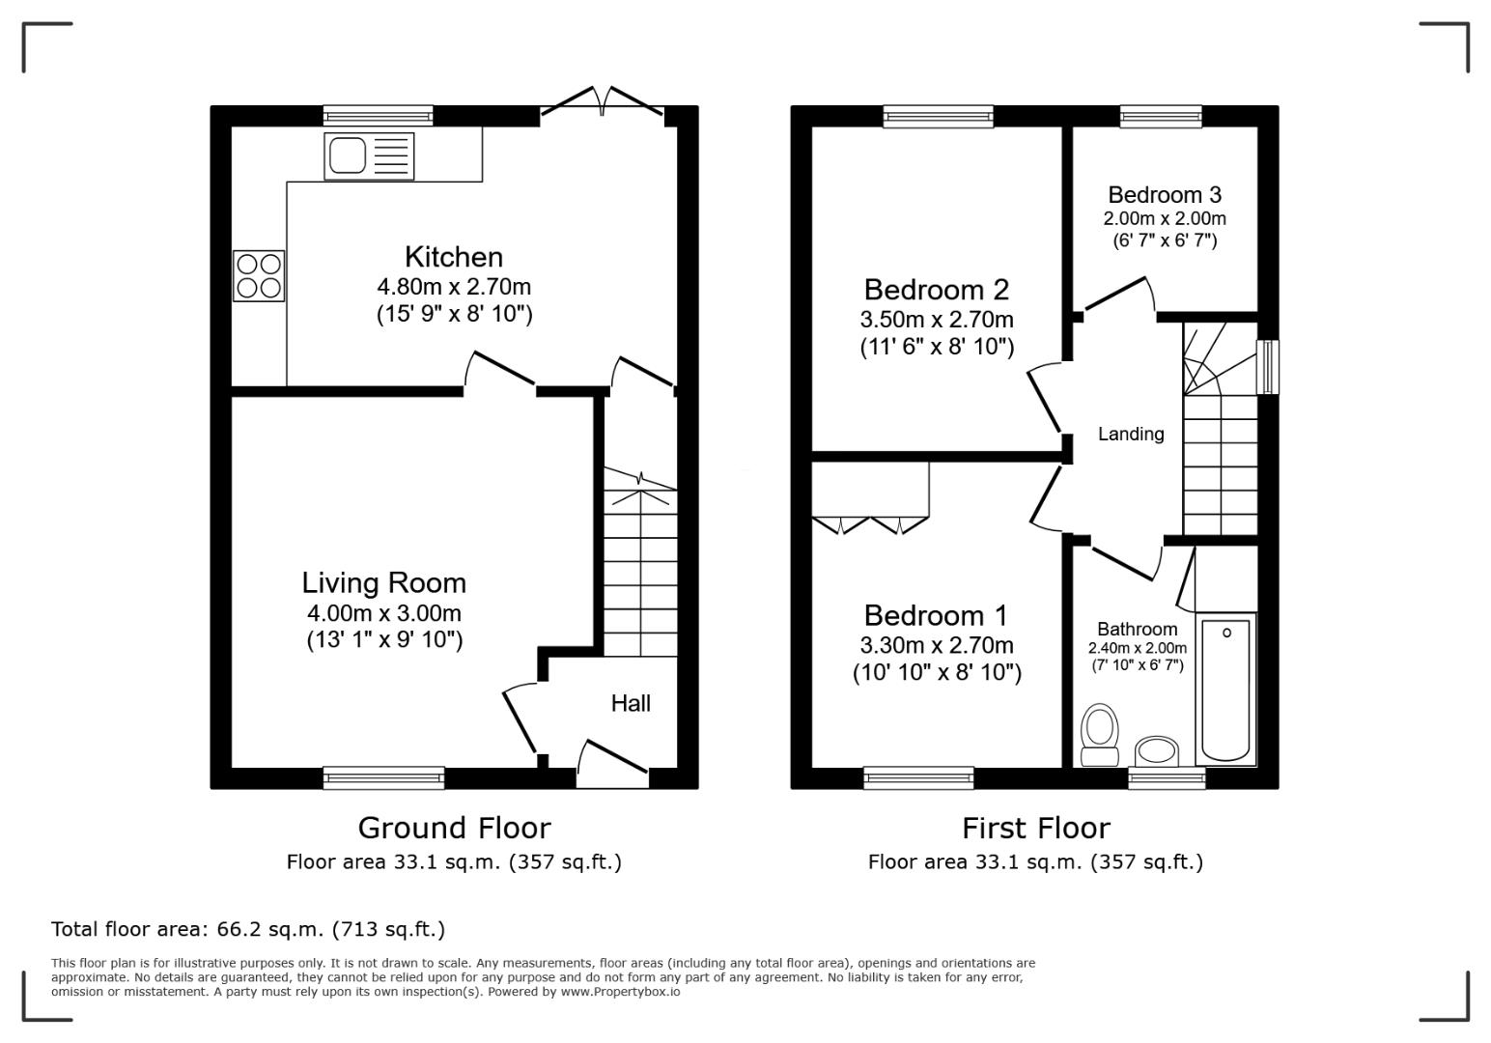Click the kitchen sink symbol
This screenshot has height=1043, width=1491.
[x=370, y=156]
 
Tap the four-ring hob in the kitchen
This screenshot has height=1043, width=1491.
[x=259, y=275]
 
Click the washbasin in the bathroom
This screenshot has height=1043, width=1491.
[x=1156, y=750]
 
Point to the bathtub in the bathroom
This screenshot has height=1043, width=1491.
[x=1225, y=690]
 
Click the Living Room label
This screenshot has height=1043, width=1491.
[x=383, y=582]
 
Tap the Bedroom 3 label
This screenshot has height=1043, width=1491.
[x=1164, y=195]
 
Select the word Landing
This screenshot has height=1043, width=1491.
[x=1130, y=435]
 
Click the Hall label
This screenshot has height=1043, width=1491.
[x=631, y=703]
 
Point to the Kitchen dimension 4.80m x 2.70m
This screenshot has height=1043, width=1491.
[x=454, y=287]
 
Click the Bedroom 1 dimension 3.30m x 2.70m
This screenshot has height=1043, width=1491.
[x=936, y=645]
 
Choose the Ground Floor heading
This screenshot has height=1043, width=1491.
[x=454, y=828]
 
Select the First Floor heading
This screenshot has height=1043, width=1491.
[x=1035, y=828]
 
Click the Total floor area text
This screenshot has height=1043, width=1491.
[x=248, y=929]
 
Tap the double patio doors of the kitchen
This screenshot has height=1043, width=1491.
[x=603, y=102]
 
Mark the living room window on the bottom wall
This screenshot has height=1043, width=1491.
[x=383, y=777]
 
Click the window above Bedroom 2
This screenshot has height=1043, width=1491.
[x=938, y=117]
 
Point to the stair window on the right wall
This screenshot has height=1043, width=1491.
[x=1267, y=367]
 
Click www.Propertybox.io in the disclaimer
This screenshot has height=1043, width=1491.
[x=620, y=992]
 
